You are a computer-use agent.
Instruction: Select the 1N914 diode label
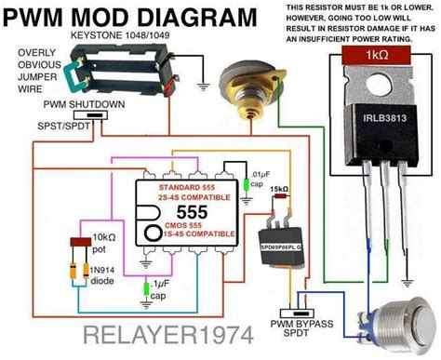point(105,273)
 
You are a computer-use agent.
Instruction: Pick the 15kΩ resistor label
point(278,190)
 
